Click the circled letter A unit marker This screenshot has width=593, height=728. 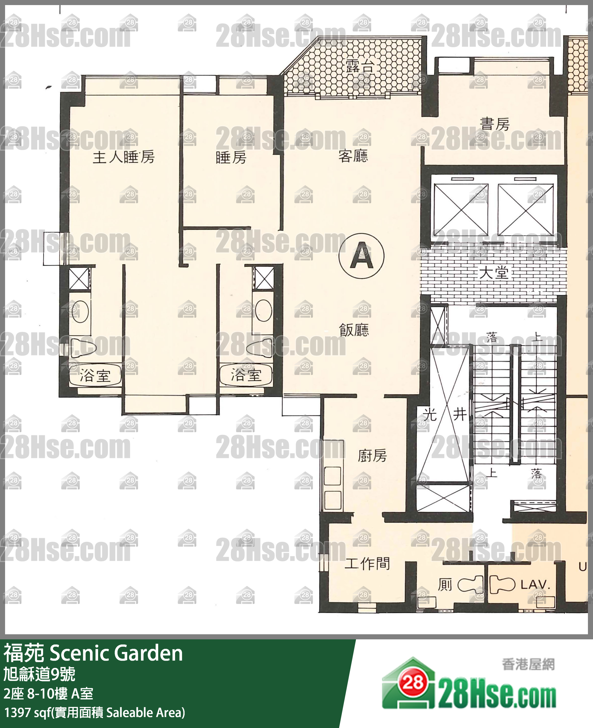coord(361,256)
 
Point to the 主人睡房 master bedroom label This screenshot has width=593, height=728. coord(124,157)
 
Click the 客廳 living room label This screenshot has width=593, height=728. coord(353,156)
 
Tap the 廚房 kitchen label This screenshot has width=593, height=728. coord(372,455)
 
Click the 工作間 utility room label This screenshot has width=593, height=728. coord(367,563)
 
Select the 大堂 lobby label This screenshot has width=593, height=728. coord(494,273)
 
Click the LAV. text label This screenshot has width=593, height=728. coord(535,585)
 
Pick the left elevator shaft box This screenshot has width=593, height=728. coord(461,209)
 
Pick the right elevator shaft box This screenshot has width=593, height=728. coord(525,209)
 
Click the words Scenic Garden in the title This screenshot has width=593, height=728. coord(116,653)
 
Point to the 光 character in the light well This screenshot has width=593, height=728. coord(430,414)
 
